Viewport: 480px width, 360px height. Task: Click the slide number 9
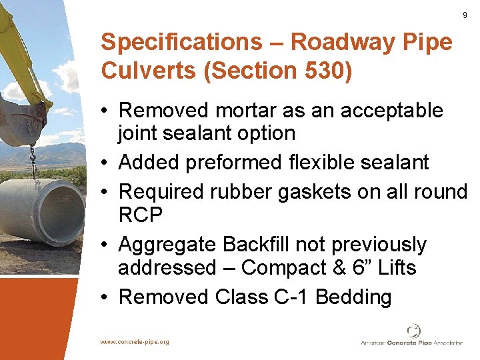click(464, 15)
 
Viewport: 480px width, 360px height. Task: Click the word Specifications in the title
click(181, 42)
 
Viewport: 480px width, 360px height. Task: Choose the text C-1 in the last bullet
click(291, 297)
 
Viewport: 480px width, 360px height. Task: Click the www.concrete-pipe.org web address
click(135, 342)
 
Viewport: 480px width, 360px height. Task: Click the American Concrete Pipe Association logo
click(413, 337)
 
